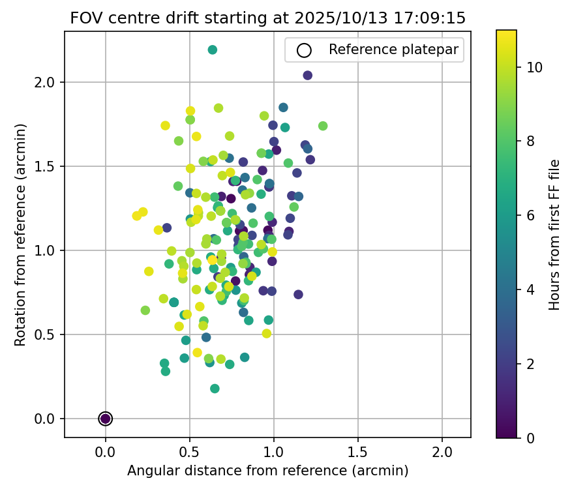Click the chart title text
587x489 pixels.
tap(267, 18)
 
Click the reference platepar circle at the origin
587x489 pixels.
tap(106, 419)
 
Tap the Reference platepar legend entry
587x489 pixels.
tap(374, 50)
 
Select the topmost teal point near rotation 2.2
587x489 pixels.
tap(213, 50)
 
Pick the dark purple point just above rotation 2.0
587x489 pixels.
tap(308, 76)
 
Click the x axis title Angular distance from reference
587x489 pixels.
tap(267, 471)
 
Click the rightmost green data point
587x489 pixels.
tap(323, 126)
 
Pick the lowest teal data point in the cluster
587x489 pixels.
tap(215, 389)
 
